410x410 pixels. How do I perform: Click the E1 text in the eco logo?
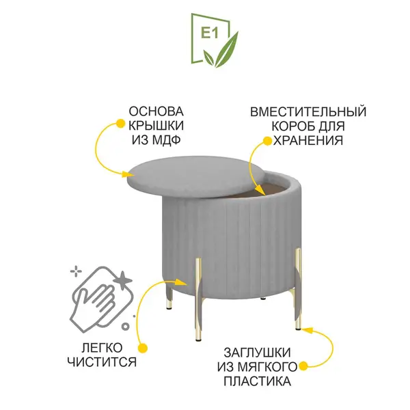210,33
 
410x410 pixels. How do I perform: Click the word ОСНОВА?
156,111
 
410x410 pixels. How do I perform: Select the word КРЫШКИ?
156,126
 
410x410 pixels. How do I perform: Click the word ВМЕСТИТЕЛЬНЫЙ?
308,112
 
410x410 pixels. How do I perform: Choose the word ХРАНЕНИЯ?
308,140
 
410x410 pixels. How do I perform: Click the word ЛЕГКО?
102,348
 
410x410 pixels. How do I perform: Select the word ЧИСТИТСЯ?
102,362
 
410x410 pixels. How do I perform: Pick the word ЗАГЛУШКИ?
258,353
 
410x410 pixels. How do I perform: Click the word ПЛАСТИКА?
258,381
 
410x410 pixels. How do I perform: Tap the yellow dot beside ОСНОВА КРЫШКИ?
120,124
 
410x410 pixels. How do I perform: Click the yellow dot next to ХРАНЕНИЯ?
267,141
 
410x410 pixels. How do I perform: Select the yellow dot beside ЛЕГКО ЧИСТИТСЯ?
143,348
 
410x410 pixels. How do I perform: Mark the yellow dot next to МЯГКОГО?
303,366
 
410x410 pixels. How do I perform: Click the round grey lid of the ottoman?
195,177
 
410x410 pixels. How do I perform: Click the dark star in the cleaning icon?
123,280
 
